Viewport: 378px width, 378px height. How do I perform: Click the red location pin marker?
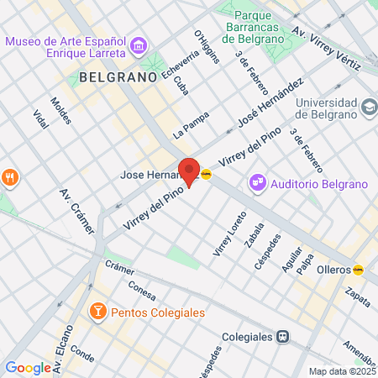point(189,171)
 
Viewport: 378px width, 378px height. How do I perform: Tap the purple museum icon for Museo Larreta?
point(139,43)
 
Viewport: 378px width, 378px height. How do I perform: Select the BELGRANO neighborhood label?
point(118,76)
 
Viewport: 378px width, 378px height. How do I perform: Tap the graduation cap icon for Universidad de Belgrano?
point(368,107)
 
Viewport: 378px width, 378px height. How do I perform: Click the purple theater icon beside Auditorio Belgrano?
point(256,182)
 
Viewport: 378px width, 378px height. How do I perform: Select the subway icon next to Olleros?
point(359,270)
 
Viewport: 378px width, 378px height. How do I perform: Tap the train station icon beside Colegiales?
point(284,336)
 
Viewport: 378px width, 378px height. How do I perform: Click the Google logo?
point(28,367)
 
